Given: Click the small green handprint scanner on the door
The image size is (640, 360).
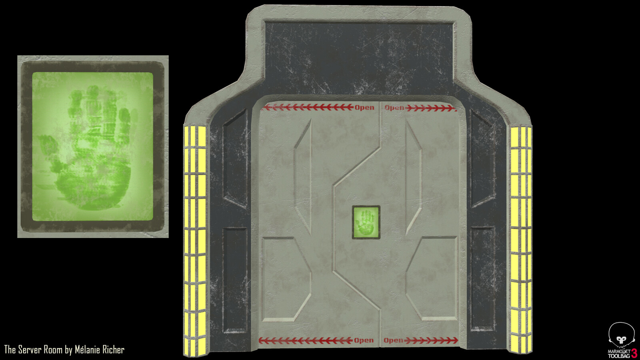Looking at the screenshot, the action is tap(366, 222).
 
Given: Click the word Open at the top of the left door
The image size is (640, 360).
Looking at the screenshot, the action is tap(364, 108).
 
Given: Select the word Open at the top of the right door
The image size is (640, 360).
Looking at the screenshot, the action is tap(394, 108).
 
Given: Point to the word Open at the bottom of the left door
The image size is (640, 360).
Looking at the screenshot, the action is tap(364, 340).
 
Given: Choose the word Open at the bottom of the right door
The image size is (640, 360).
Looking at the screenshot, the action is tap(394, 340).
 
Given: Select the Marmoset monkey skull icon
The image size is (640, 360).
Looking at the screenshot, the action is tap(621, 335).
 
